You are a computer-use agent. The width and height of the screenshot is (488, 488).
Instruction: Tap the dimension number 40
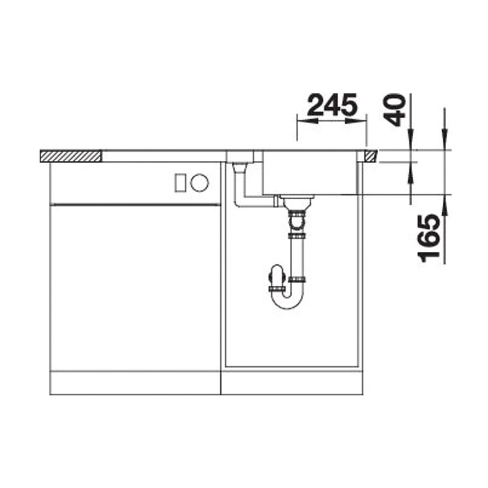395,110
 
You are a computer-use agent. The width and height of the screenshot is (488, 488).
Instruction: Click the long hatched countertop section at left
70,156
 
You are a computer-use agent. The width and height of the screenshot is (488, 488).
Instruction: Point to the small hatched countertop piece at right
371,156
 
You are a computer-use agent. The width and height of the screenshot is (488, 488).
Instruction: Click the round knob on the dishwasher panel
200,183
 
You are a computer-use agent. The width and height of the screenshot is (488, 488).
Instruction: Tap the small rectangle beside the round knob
180,183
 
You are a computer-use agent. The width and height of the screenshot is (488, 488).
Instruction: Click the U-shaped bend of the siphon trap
287,299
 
